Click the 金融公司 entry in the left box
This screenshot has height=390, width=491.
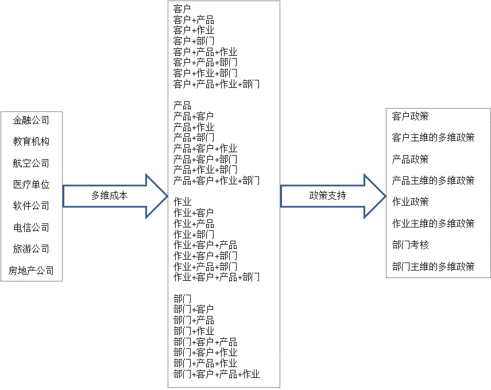(x=31, y=120)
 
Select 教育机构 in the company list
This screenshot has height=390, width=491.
(x=31, y=141)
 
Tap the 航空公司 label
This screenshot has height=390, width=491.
(x=31, y=163)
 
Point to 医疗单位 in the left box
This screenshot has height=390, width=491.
(x=31, y=184)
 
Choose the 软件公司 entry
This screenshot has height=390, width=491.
(x=31, y=206)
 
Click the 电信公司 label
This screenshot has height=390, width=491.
(x=31, y=227)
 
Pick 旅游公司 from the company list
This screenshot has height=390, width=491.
(x=31, y=249)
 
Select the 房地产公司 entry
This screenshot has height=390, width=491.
(x=31, y=271)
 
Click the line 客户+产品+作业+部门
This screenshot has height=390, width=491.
(x=216, y=84)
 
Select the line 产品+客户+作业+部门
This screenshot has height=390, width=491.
(x=216, y=181)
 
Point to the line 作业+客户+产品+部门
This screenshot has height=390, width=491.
(x=216, y=277)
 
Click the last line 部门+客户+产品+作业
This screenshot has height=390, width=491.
(x=216, y=374)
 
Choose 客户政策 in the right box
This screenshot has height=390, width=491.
(x=410, y=116)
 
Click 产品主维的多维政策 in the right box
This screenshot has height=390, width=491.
(x=433, y=180)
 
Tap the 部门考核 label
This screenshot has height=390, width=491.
(x=410, y=245)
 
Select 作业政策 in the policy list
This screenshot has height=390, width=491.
(x=410, y=202)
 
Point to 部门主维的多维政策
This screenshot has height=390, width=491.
(x=433, y=267)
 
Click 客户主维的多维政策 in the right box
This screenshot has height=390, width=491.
(x=433, y=137)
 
